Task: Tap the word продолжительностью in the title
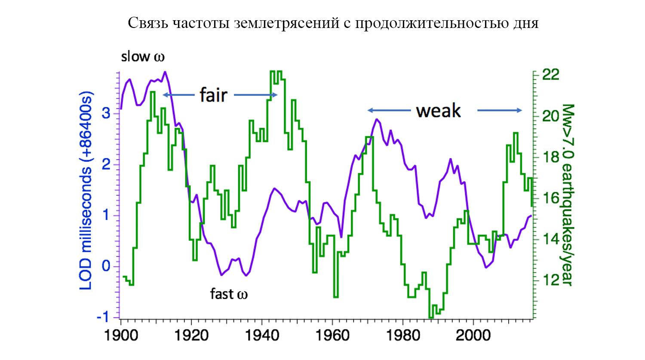(432, 22)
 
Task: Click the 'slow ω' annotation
(143, 56)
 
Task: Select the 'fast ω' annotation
(229, 294)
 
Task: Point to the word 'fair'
(213, 95)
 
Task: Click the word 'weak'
(438, 111)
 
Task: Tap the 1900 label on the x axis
(121, 335)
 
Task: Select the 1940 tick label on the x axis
(262, 335)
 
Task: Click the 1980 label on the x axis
(403, 335)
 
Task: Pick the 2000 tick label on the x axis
(473, 335)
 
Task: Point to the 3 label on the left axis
(106, 113)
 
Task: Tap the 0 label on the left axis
(106, 266)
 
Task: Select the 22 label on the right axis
(551, 74)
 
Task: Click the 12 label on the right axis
(551, 280)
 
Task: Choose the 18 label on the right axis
(551, 157)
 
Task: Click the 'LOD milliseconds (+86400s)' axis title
(86, 190)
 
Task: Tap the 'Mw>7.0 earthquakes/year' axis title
(567, 194)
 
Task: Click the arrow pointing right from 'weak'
(500, 111)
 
